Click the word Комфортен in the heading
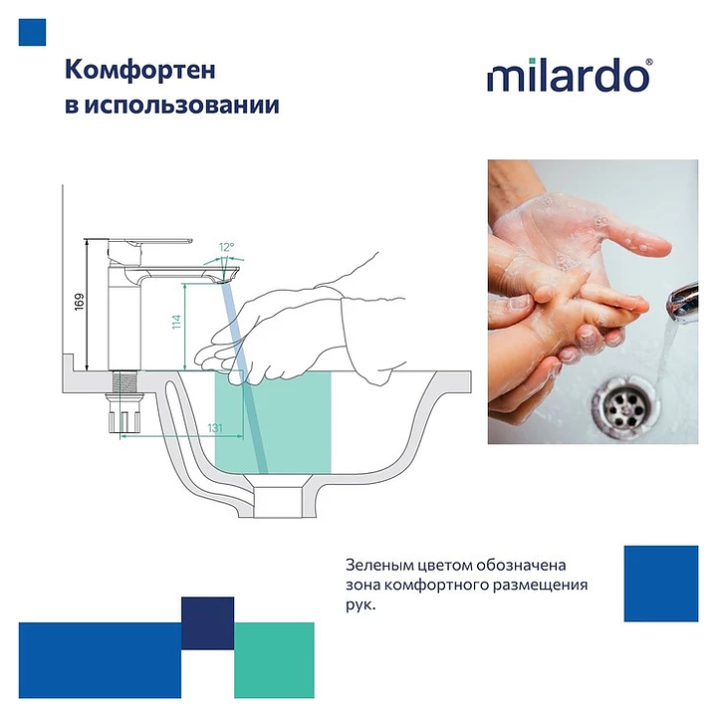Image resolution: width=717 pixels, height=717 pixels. [x=140, y=71]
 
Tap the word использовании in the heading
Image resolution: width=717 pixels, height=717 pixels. [x=181, y=106]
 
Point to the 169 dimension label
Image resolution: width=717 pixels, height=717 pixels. [x=80, y=303]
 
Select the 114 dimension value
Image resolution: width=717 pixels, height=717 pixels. [x=176, y=322]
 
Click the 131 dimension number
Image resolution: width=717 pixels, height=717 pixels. [x=215, y=428]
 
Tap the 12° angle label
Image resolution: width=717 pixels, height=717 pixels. [x=226, y=247]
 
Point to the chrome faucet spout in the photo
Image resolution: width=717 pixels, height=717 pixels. [x=683, y=302]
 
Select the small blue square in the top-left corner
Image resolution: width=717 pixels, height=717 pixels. [x=32, y=32]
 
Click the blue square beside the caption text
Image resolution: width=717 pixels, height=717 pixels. [x=661, y=584]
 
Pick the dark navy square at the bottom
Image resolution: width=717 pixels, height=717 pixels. [x=207, y=623]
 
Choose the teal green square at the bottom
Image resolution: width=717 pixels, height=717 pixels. [x=275, y=660]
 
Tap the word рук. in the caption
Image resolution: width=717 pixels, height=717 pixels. [x=360, y=605]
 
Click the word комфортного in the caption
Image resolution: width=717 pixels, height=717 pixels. [x=436, y=586]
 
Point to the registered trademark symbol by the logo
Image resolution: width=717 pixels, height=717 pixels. [x=649, y=63]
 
